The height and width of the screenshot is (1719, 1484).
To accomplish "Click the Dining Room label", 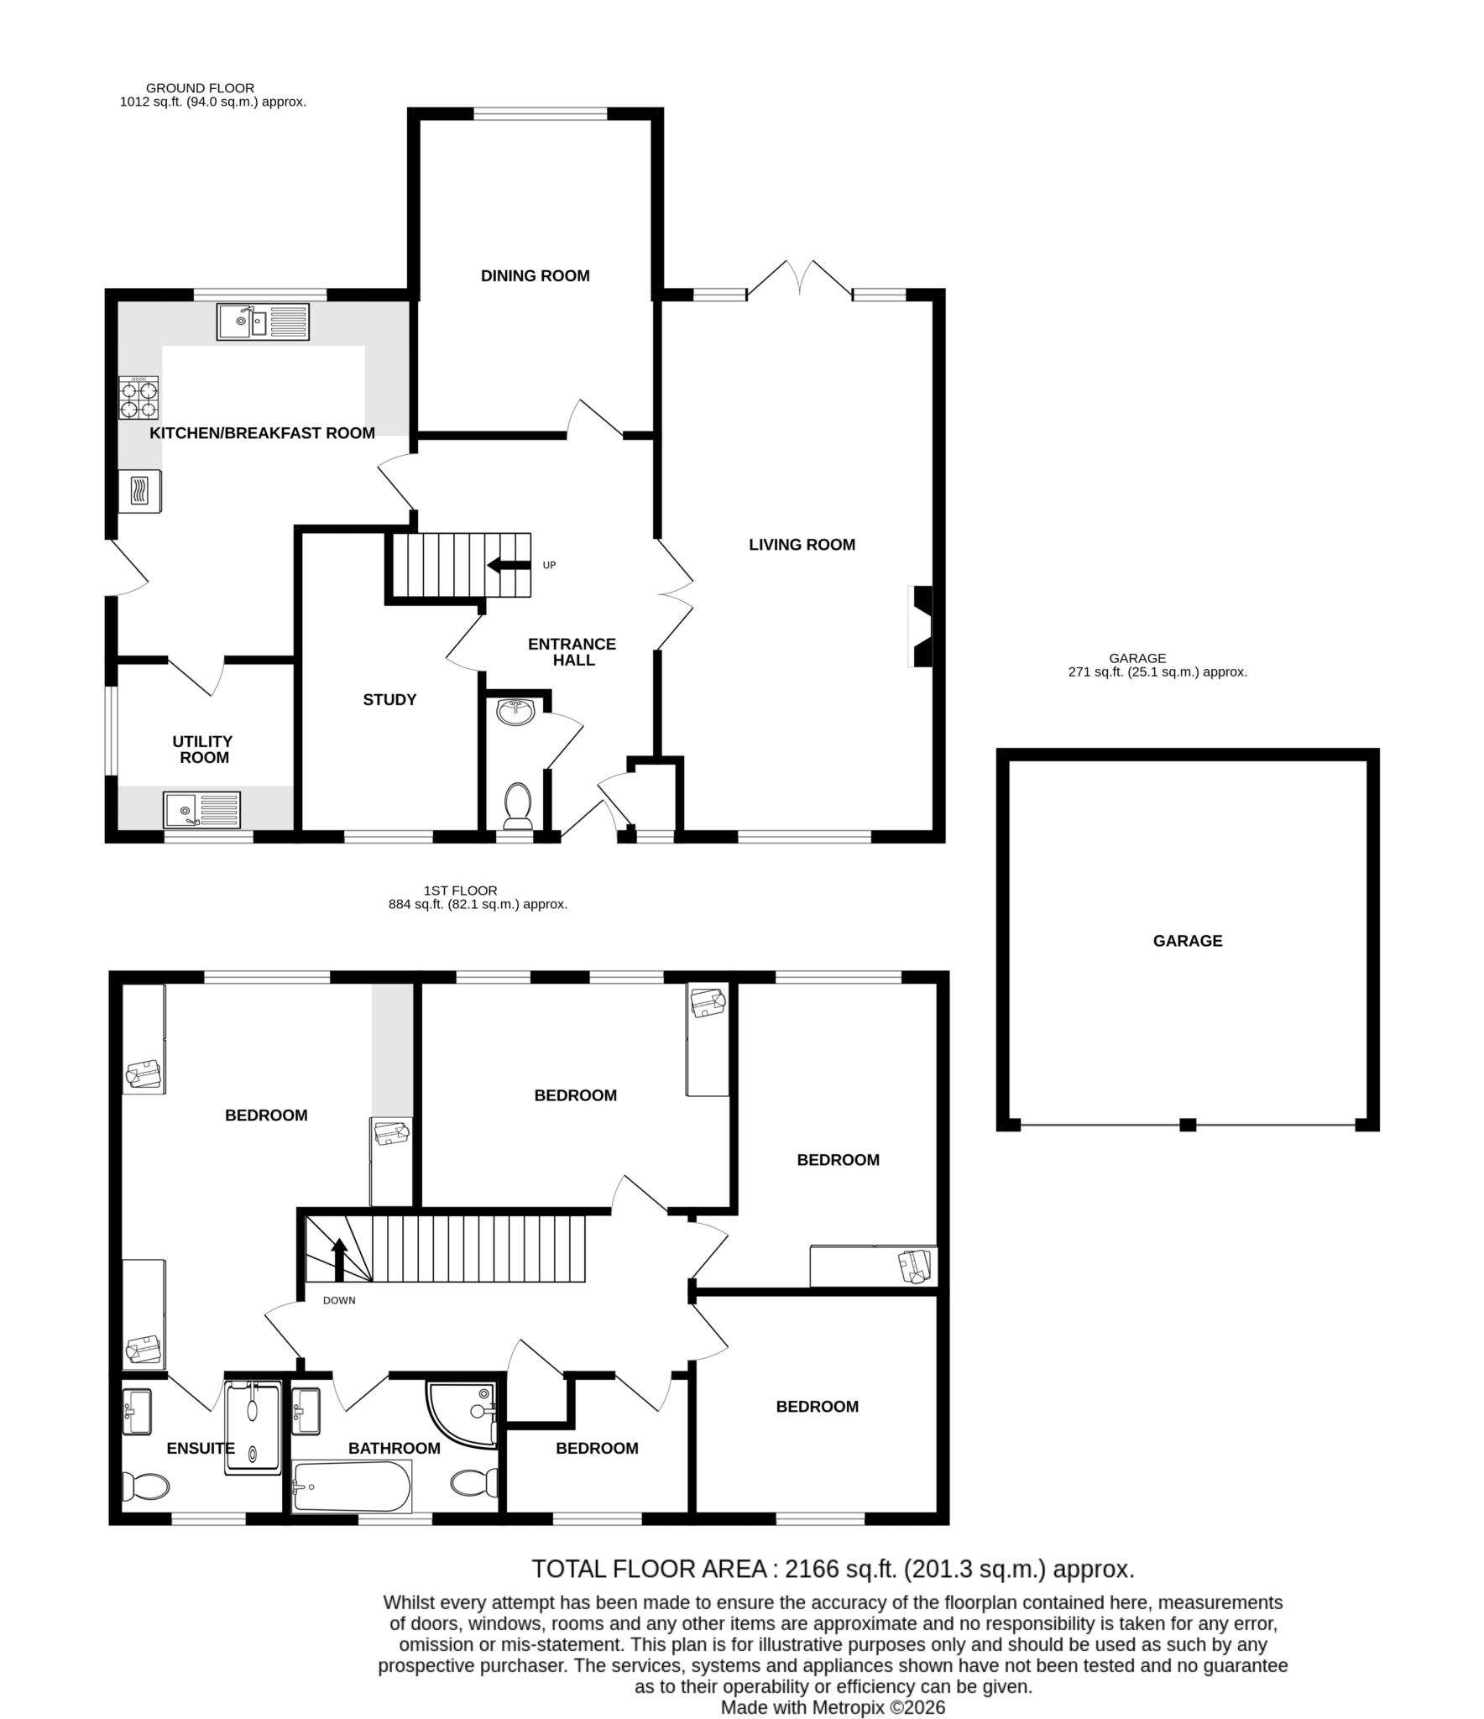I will pyautogui.click(x=535, y=275).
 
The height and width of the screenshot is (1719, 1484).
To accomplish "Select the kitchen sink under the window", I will pyautogui.click(x=263, y=321).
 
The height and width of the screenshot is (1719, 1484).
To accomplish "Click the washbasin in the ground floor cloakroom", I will pyautogui.click(x=515, y=712).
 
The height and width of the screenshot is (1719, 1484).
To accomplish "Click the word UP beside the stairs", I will pyautogui.click(x=549, y=565).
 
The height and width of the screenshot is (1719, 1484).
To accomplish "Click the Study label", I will pyautogui.click(x=389, y=699).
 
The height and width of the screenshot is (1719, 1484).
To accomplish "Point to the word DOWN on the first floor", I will pyautogui.click(x=339, y=1300).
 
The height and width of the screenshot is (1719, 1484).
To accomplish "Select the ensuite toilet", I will pyautogui.click(x=145, y=1486).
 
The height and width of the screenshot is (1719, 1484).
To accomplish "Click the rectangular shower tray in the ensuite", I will pyautogui.click(x=253, y=1427).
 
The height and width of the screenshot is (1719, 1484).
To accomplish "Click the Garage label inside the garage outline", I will pyautogui.click(x=1187, y=940).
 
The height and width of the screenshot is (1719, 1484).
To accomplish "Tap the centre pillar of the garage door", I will pyautogui.click(x=1187, y=1125).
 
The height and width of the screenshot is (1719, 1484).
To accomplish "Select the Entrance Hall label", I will pyautogui.click(x=572, y=651).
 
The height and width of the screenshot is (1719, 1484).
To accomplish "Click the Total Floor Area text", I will pyautogui.click(x=833, y=1569).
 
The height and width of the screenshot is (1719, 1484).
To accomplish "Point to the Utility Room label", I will pyautogui.click(x=203, y=749).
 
